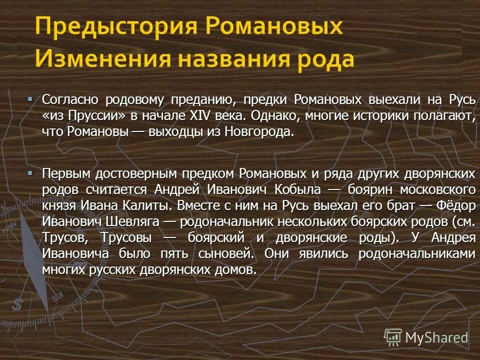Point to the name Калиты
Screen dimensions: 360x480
pyautogui.click(x=148, y=205)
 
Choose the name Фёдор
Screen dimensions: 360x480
pyautogui.click(x=455, y=205)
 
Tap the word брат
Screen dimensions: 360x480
pyautogui.click(x=401, y=205)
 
